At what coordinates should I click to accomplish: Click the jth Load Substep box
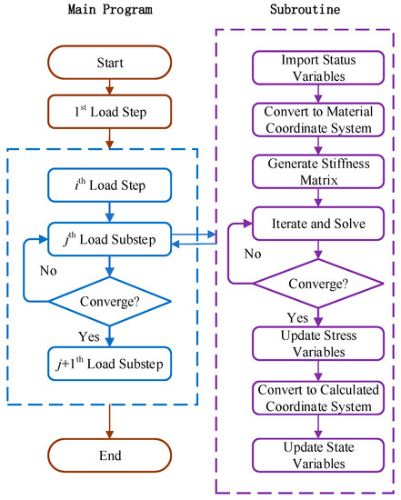pyautogui.click(x=109, y=240)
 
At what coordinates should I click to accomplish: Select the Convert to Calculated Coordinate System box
pyautogui.click(x=312, y=397)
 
